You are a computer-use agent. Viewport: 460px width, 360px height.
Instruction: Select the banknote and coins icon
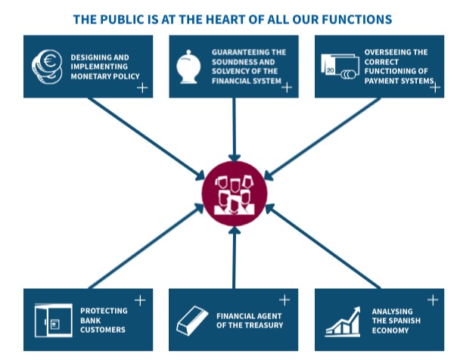(x=337, y=66)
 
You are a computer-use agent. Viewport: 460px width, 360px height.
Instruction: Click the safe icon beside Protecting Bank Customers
(x=52, y=319)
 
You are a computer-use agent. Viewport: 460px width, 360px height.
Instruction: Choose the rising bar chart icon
(x=342, y=321)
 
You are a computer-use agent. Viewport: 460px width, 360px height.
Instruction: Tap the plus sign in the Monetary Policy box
(x=141, y=87)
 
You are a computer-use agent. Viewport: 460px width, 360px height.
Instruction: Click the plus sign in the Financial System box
(x=287, y=87)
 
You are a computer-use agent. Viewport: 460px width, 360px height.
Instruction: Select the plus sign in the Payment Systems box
(x=434, y=87)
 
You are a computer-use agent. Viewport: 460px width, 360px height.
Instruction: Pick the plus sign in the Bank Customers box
(x=140, y=300)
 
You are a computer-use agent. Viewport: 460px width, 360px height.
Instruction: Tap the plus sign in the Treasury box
(x=284, y=300)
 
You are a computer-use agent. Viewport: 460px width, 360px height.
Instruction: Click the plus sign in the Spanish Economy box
(x=432, y=300)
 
